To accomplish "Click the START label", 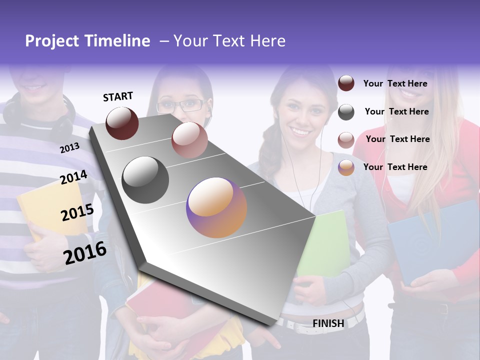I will click(x=118, y=96).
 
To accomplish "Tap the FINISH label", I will click(x=328, y=323).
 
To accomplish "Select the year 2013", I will click(x=69, y=148).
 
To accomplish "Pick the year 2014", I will click(x=73, y=177).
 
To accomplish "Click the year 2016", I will click(x=85, y=252).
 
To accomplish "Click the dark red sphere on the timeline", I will click(x=122, y=123).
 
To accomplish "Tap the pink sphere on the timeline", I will click(x=189, y=140).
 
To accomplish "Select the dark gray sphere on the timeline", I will click(x=145, y=180).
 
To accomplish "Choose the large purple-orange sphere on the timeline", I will click(x=216, y=207).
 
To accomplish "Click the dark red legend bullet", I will click(x=346, y=83).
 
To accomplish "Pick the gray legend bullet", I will click(x=346, y=112).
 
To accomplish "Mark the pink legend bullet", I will click(x=346, y=140).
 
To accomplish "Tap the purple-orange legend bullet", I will click(x=346, y=167).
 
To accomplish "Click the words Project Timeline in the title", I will click(x=87, y=41).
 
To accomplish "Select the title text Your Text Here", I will click(x=229, y=41).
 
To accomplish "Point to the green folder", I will click(x=325, y=245).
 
